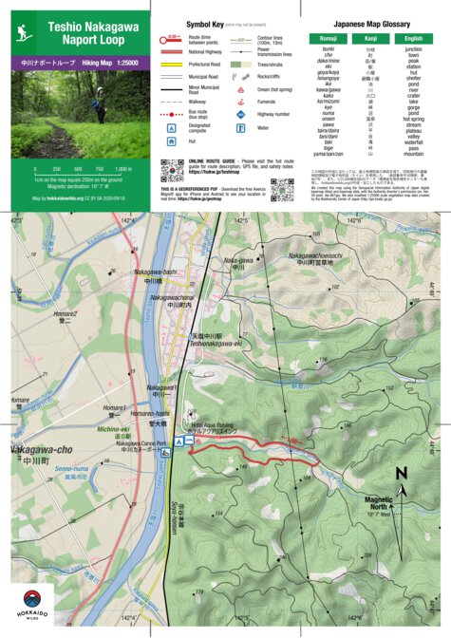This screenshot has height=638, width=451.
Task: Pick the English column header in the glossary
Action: tap(413, 38)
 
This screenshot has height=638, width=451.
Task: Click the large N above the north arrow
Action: tap(401, 473)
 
